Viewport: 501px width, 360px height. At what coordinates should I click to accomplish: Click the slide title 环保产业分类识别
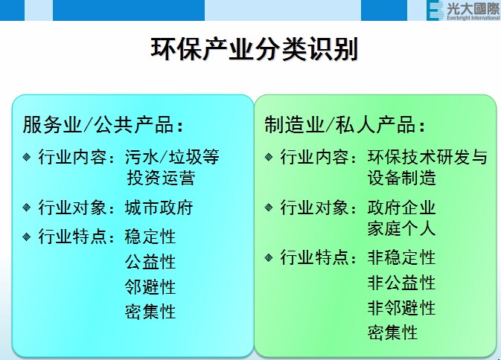point(254,49)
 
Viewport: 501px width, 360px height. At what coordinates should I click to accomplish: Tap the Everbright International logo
point(463,10)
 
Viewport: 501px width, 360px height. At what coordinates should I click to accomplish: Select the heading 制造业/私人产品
point(346,124)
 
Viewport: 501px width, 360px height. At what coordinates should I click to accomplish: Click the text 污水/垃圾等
point(172,158)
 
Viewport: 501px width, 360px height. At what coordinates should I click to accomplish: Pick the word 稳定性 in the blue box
point(150,237)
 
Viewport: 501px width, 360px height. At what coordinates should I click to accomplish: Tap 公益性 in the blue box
point(150,262)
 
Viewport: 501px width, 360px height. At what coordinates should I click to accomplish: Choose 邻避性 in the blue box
point(150,287)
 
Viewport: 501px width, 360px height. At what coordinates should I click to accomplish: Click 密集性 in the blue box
point(150,312)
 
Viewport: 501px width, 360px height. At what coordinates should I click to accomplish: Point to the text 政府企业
point(401,208)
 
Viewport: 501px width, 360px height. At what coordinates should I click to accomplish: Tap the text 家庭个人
point(401,228)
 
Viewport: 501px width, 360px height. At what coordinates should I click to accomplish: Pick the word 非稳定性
point(401,258)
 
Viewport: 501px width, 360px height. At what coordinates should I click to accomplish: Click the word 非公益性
point(401,283)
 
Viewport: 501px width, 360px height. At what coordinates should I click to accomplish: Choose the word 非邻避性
point(401,307)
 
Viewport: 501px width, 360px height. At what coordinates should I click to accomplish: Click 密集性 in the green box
point(392,332)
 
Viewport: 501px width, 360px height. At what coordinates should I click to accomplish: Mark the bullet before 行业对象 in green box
point(269,207)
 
